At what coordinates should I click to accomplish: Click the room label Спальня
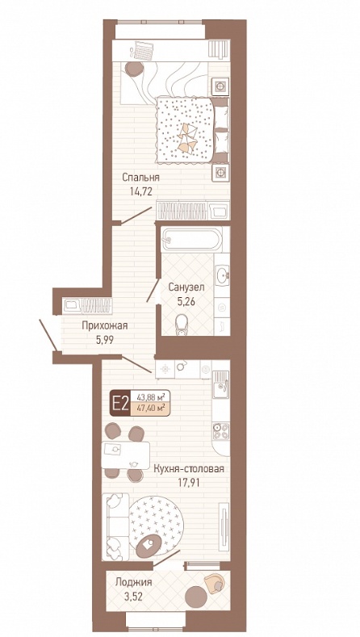[140, 178]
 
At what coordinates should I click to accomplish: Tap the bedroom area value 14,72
[140, 192]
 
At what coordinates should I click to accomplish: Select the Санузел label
[186, 287]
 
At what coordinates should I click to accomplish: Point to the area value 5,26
[186, 302]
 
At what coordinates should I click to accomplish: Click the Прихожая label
[105, 326]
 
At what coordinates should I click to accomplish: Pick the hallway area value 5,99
[105, 340]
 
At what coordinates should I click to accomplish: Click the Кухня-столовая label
[189, 469]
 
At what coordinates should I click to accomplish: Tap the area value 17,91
[189, 484]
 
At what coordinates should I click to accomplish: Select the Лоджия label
[134, 583]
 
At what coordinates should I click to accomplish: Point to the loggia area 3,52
[134, 597]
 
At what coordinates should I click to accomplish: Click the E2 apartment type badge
[120, 404]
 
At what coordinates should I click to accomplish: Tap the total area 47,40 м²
[153, 409]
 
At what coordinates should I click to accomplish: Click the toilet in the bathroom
[182, 326]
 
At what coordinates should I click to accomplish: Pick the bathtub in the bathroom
[191, 240]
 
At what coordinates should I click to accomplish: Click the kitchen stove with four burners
[221, 431]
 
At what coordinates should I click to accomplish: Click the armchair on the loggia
[215, 584]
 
